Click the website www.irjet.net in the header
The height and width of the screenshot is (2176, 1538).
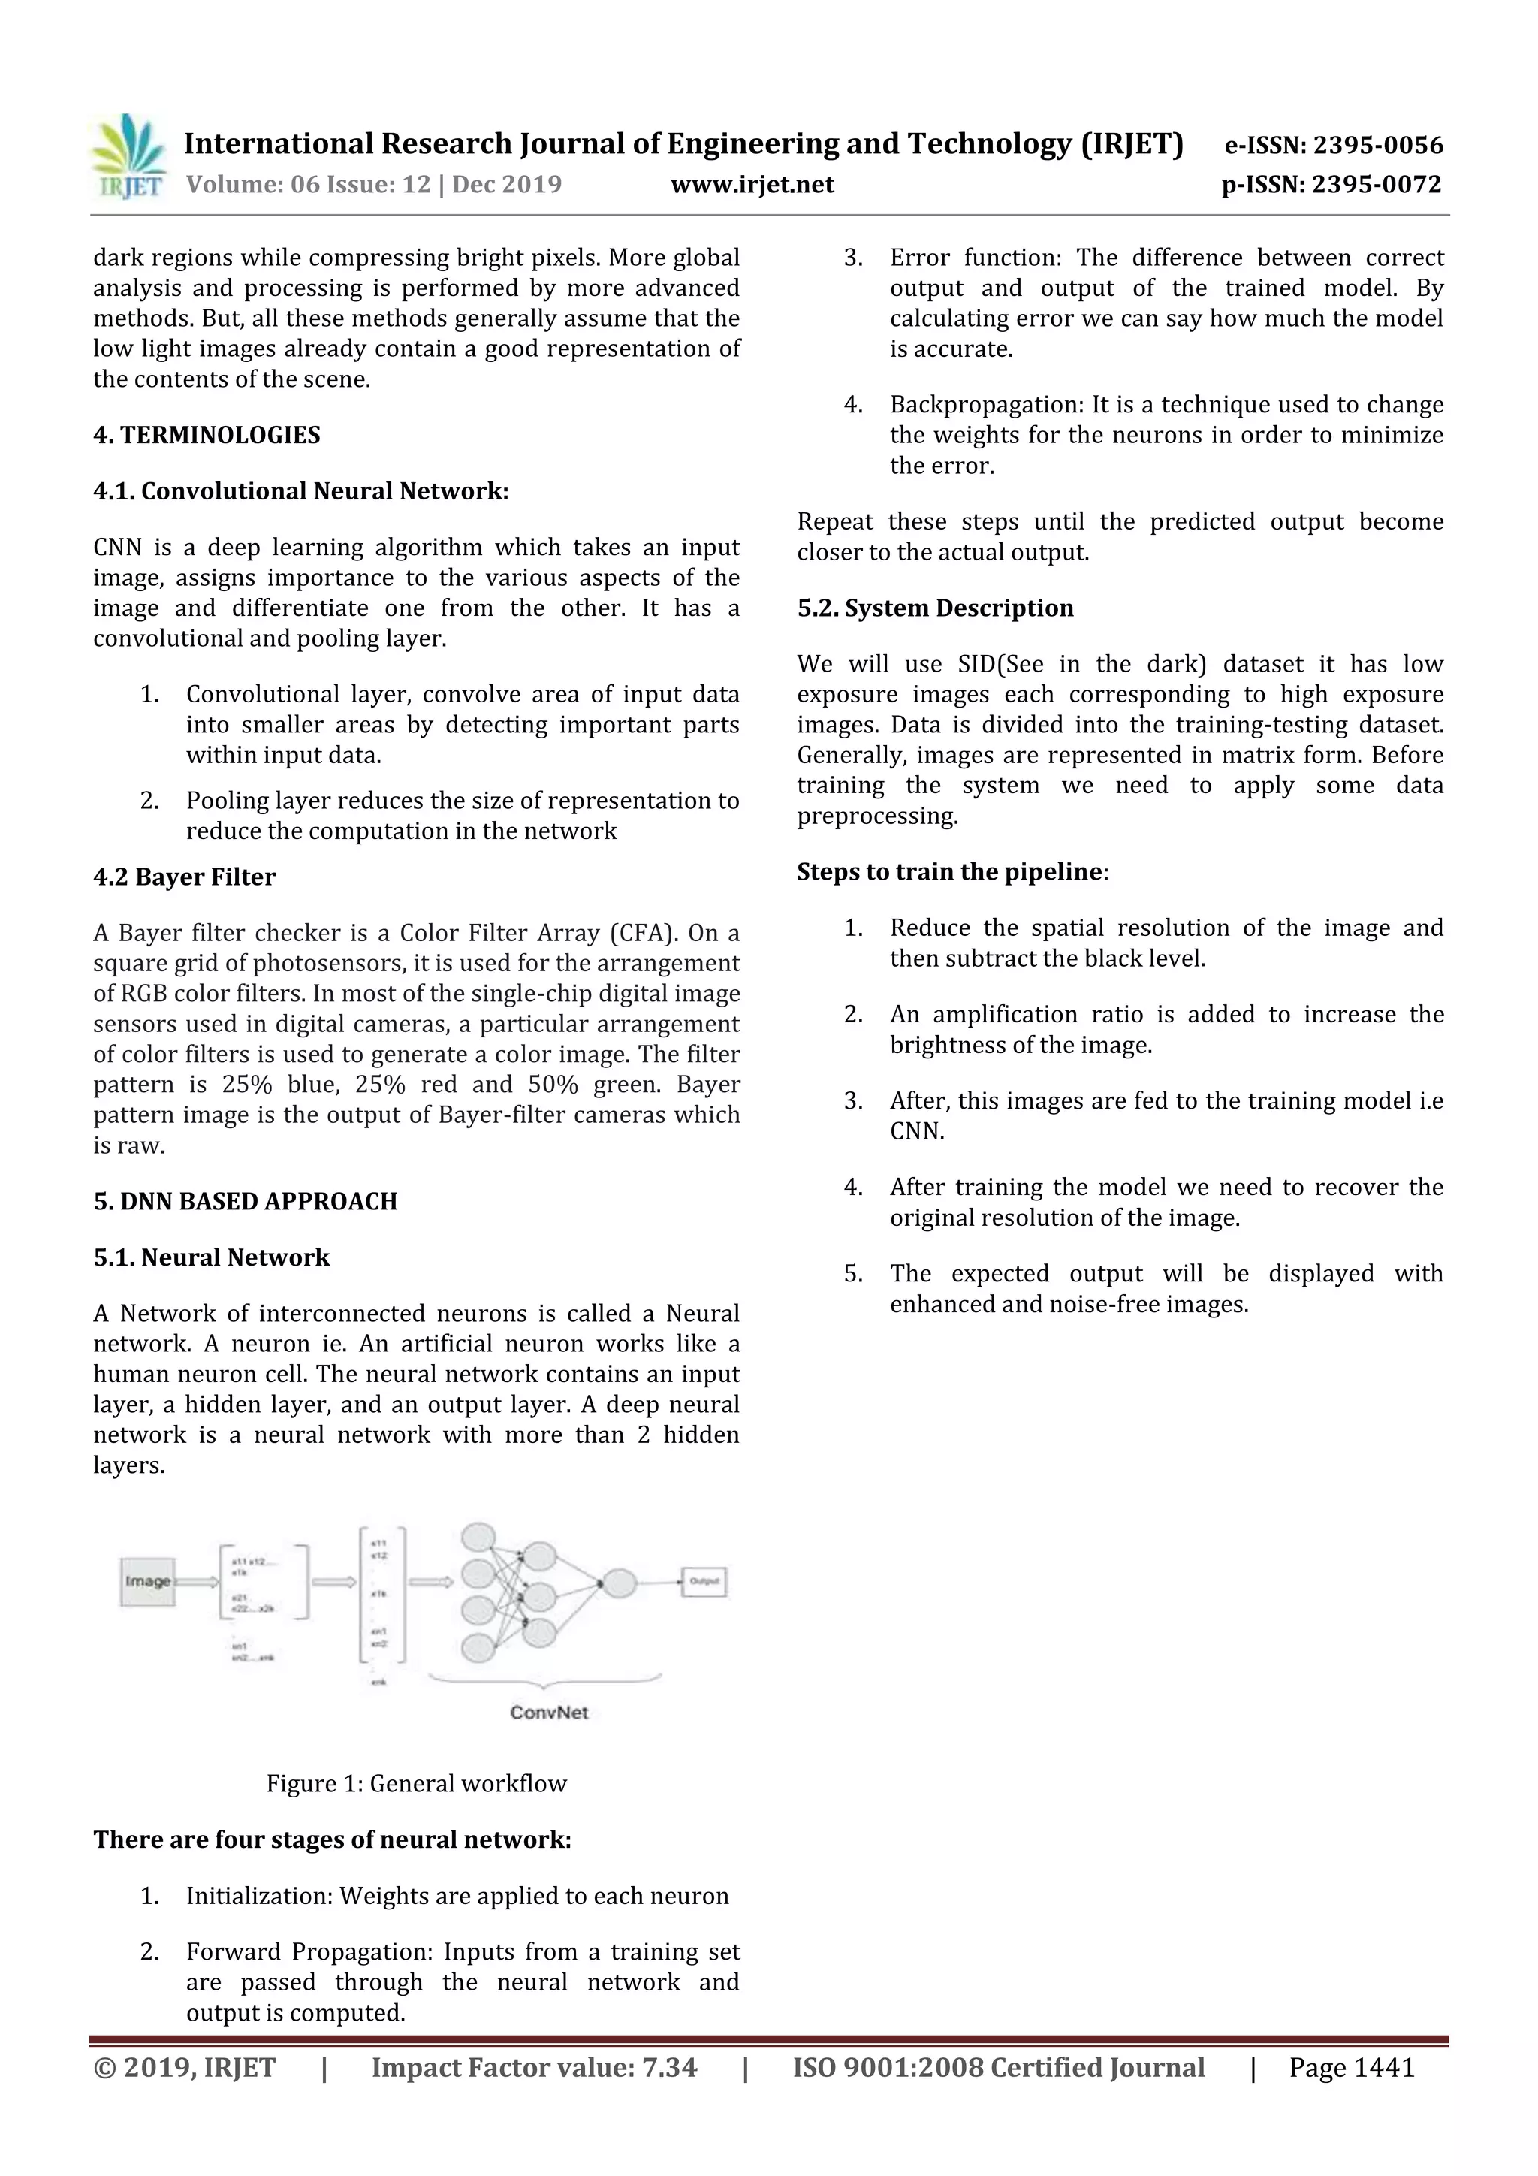(x=752, y=184)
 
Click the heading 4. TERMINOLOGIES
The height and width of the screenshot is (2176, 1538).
(x=207, y=435)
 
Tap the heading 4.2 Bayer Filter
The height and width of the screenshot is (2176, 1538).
(x=184, y=877)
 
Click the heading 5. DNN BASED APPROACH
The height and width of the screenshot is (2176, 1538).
(x=246, y=1201)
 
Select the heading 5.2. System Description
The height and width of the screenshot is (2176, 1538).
(x=934, y=608)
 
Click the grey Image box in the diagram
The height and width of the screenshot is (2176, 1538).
(x=147, y=1581)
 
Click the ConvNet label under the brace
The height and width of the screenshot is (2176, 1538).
(x=549, y=1712)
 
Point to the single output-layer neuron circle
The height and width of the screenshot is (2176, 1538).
(x=619, y=1582)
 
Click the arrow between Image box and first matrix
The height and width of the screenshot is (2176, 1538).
(x=196, y=1582)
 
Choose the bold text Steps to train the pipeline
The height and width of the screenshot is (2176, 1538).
(x=949, y=871)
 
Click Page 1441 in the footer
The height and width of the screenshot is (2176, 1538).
(x=1350, y=2067)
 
